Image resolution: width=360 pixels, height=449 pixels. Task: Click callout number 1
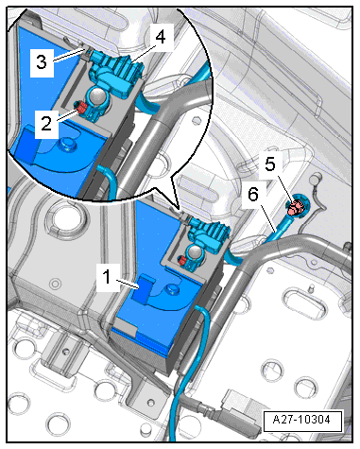[107, 277]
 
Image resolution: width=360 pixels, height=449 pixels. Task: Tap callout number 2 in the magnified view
[46, 124]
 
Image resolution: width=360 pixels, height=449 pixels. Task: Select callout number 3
[42, 62]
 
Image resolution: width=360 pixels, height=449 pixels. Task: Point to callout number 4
[161, 37]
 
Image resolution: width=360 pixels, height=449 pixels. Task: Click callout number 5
[270, 164]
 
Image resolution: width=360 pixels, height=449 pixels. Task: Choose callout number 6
[253, 195]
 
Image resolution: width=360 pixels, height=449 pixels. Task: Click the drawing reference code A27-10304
[301, 420]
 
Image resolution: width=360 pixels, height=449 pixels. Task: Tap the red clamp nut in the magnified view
[81, 109]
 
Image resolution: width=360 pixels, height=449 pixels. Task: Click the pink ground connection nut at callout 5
[295, 208]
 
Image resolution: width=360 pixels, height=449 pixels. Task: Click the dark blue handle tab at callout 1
[145, 289]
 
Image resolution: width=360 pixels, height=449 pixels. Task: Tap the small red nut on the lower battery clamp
[182, 260]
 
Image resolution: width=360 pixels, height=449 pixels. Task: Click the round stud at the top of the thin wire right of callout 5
[314, 180]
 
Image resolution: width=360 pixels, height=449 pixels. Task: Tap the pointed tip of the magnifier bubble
[179, 209]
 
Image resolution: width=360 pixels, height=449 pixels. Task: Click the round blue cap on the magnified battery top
[67, 144]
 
